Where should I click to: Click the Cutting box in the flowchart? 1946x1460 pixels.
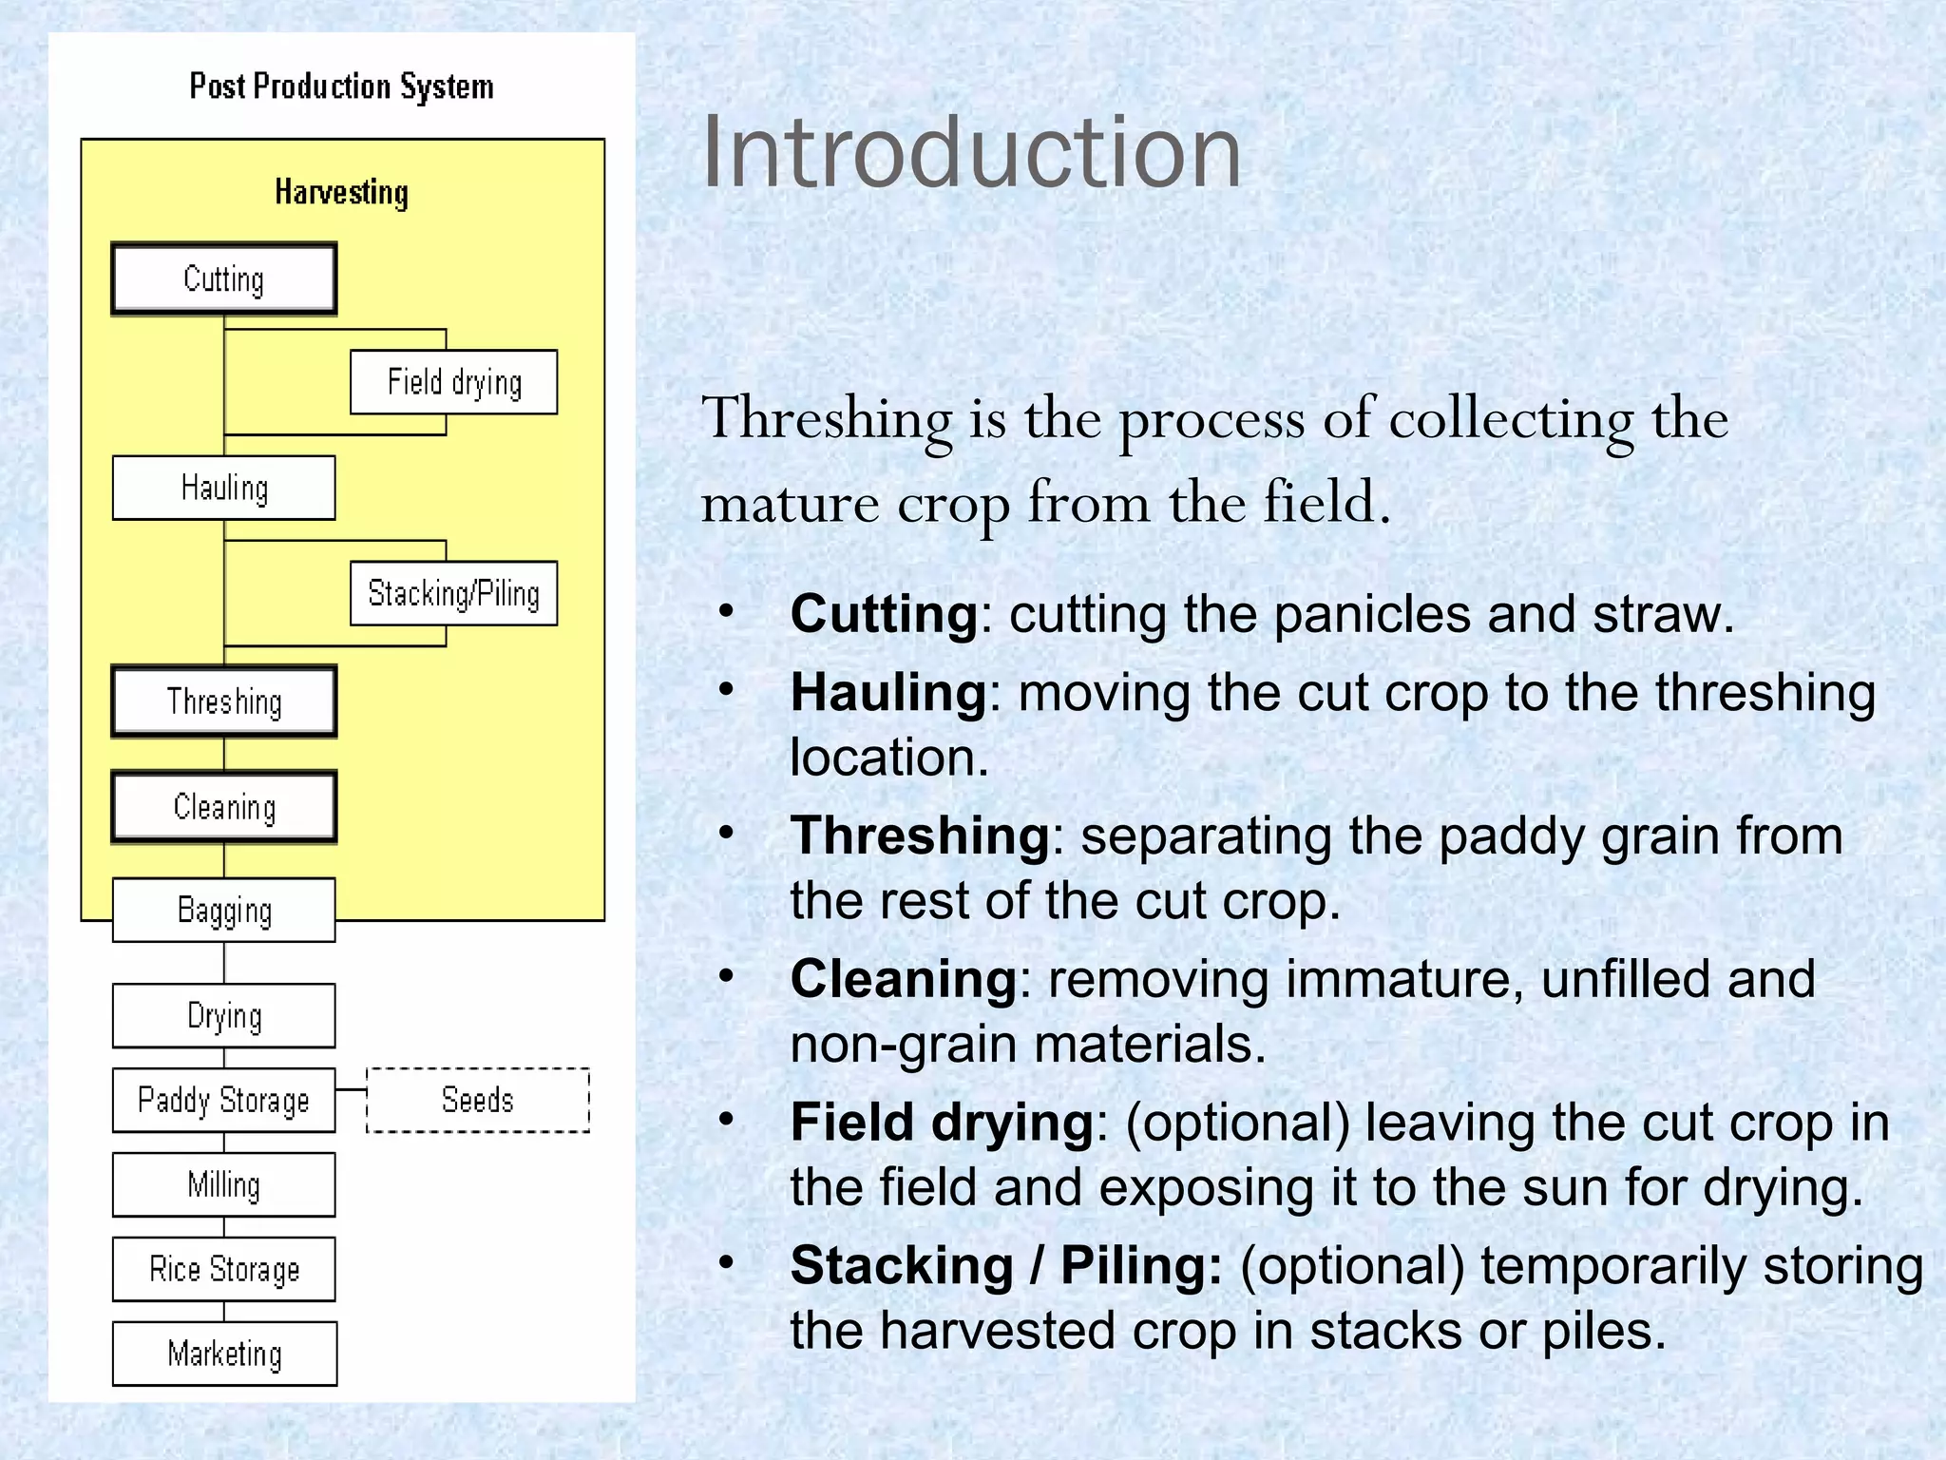[224, 279]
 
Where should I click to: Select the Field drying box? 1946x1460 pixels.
[453, 382]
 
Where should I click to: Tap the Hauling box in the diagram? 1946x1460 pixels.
[224, 488]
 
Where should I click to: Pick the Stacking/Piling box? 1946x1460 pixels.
[453, 593]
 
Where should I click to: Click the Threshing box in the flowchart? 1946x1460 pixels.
[224, 701]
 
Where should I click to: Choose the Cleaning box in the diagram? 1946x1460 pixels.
[224, 807]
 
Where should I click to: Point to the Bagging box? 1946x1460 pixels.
[224, 910]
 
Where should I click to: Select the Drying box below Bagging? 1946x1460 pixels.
[224, 1015]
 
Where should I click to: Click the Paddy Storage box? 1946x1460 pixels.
[224, 1100]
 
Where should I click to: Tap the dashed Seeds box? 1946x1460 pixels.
[478, 1100]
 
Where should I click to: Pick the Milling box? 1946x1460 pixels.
[224, 1184]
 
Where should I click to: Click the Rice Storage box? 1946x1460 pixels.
[224, 1269]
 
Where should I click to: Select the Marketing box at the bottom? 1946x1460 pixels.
[224, 1354]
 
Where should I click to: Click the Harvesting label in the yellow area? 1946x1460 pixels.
[341, 192]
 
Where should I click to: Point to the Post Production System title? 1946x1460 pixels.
[341, 86]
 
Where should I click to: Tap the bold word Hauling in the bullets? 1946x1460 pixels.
[888, 692]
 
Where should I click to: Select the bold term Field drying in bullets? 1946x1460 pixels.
[942, 1123]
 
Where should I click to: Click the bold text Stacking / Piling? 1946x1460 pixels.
[1005, 1266]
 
